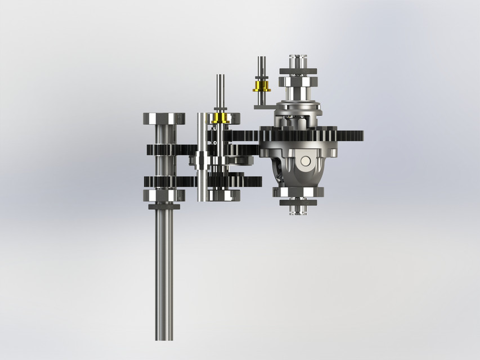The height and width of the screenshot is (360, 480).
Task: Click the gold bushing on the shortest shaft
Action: [261, 86]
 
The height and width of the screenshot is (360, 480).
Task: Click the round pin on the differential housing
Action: [305, 161]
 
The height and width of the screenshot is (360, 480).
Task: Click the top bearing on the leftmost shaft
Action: [164, 119]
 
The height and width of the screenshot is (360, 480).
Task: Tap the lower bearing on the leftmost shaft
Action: [164, 195]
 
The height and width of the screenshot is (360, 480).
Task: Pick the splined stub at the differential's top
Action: [298, 60]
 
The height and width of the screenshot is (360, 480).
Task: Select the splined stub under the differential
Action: [298, 210]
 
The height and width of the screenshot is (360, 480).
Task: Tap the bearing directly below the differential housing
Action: [298, 192]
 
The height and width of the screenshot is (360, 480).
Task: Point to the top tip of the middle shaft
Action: [219, 78]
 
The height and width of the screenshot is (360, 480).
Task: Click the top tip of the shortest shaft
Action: [261, 58]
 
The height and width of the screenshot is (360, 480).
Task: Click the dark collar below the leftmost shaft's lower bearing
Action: [164, 206]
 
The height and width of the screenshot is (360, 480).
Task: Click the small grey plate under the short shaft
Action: [262, 104]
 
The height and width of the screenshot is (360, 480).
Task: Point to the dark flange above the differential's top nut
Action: [298, 71]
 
